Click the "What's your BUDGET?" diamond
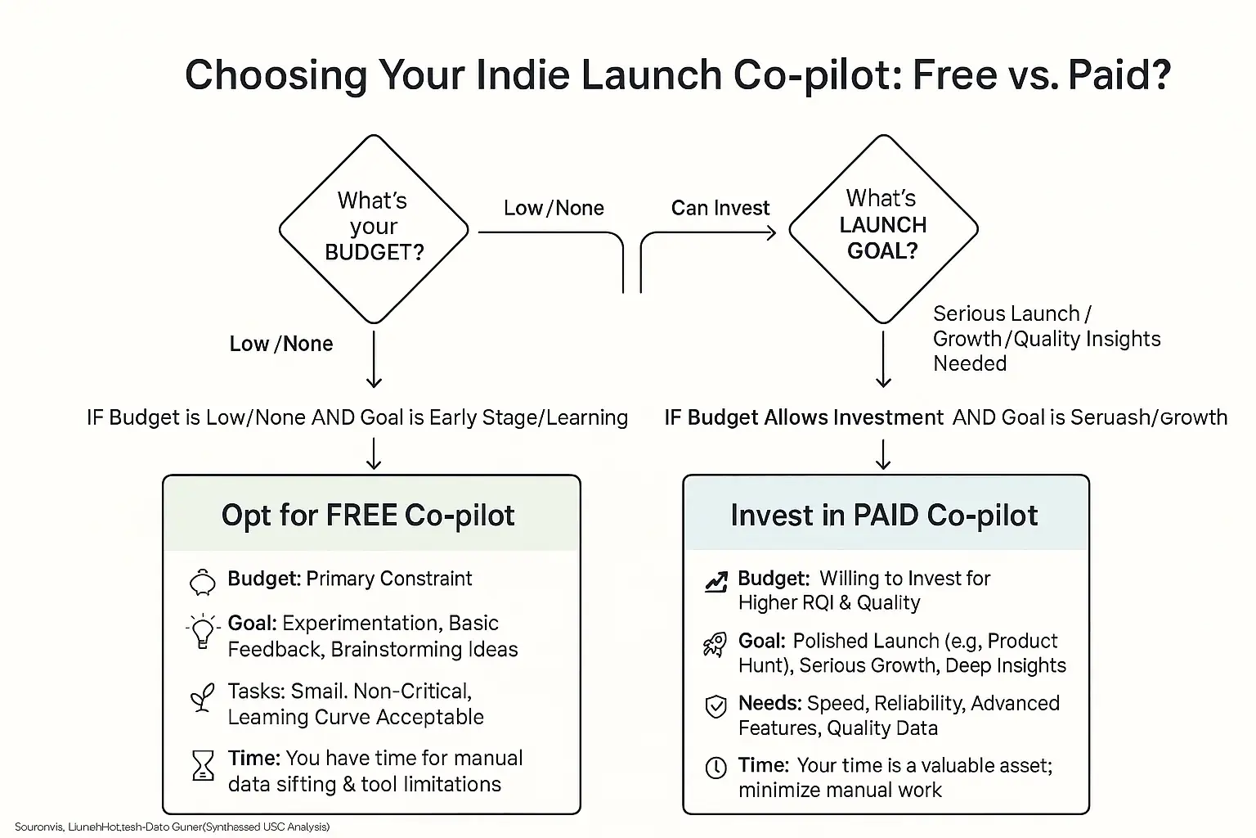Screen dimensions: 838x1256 click(374, 228)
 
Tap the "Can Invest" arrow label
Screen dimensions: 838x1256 click(720, 208)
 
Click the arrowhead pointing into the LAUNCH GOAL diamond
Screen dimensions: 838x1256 click(769, 233)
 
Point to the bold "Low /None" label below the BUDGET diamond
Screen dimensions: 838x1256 click(281, 344)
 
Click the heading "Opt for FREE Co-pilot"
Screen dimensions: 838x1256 click(368, 516)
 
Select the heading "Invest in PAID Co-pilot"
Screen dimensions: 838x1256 click(884, 516)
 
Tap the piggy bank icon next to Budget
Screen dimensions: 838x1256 click(202, 582)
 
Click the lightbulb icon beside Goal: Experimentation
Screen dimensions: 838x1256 click(202, 631)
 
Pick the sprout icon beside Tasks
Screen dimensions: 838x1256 click(202, 698)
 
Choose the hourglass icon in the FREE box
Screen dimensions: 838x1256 click(202, 766)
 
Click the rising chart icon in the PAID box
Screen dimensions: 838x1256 click(715, 582)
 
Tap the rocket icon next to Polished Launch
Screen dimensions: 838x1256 click(715, 645)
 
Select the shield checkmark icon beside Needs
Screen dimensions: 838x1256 click(715, 706)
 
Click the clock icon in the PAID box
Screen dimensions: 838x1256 click(715, 768)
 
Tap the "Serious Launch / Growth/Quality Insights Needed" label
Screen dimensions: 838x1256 click(1046, 339)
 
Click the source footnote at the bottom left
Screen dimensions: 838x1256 click(172, 827)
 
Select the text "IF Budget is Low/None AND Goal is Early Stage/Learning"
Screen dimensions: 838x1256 click(357, 417)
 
